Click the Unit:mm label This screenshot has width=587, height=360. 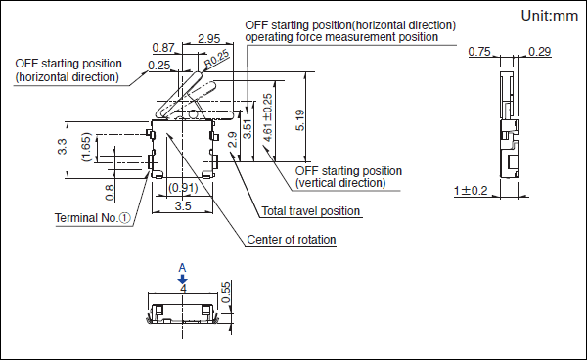point(550,16)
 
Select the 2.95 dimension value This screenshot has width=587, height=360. point(209,38)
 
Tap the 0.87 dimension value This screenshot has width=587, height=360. point(163,48)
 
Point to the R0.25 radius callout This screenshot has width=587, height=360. point(217,59)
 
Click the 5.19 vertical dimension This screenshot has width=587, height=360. point(300,120)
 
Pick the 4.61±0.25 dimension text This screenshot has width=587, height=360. point(267,117)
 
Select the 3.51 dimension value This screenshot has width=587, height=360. point(248,129)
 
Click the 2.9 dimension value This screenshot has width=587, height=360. point(233,139)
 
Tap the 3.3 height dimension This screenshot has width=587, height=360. point(63,147)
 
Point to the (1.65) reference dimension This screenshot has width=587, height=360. point(86,147)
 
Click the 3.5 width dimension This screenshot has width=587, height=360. point(183,205)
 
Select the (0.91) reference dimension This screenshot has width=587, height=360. point(183,187)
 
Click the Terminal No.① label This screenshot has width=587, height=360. point(93,218)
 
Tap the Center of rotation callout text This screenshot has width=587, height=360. point(292,240)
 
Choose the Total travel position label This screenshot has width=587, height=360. point(311,211)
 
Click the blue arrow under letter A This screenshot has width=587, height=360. point(182,279)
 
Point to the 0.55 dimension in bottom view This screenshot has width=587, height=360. point(226,292)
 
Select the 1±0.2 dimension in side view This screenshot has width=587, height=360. point(471,191)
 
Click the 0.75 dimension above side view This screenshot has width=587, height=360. point(479,52)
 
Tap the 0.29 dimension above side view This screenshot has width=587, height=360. point(539,52)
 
